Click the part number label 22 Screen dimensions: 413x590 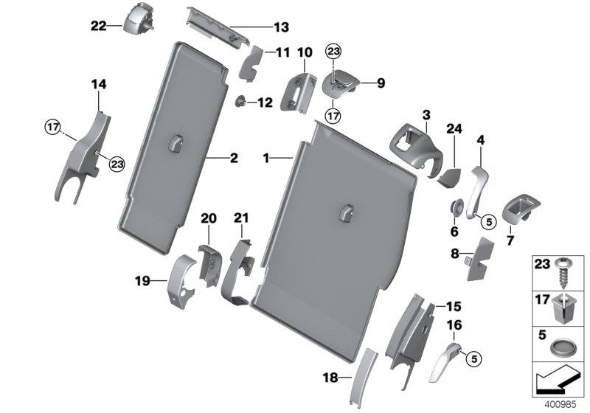click(x=98, y=26)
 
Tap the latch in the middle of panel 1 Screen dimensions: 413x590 click(x=345, y=212)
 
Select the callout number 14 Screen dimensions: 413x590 click(x=99, y=85)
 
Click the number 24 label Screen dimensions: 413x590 click(x=454, y=128)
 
